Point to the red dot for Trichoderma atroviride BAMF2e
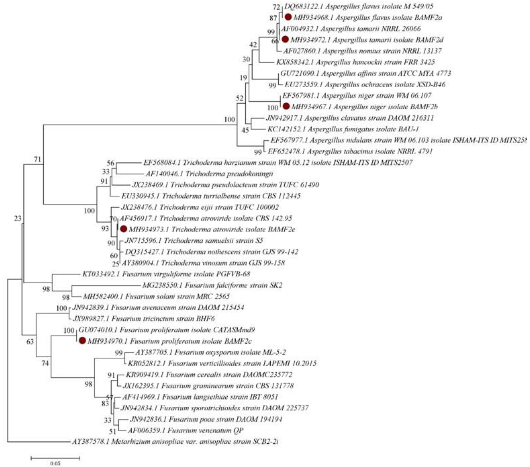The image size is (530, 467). pos(124,229)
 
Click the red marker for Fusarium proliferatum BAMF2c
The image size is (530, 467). pos(82,341)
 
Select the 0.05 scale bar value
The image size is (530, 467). pos(55,463)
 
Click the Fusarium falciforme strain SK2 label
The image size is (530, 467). pos(212,285)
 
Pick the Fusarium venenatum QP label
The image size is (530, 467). pos(185,430)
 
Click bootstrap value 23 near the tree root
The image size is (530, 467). pos(18,218)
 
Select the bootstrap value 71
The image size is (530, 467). pos(38,159)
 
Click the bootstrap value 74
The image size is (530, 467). pos(45,363)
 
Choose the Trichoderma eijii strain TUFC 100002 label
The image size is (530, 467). pos(200,207)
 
